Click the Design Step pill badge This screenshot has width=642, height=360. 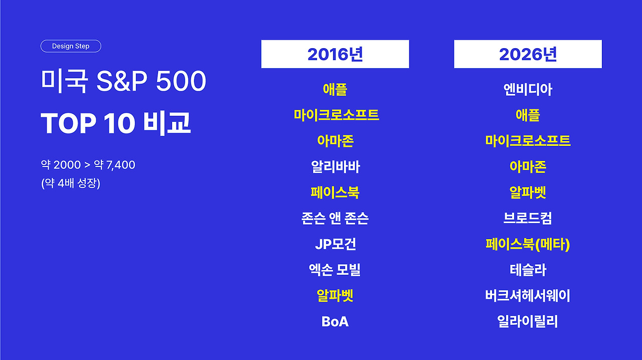71,46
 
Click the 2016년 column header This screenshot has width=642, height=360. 335,54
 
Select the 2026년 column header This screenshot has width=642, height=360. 528,54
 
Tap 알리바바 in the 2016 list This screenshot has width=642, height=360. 336,167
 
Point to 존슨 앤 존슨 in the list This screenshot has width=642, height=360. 335,219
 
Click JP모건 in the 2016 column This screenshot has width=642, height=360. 336,244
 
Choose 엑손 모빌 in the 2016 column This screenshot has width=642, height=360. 335,270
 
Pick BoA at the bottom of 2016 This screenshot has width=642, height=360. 335,321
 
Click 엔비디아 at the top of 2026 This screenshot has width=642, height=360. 528,89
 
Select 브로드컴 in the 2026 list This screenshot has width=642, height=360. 528,219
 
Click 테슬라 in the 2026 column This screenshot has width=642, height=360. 528,270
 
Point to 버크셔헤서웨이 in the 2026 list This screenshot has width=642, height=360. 528,296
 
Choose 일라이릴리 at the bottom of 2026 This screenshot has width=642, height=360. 528,321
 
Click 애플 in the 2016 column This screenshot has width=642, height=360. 335,89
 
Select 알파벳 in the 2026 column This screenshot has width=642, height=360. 528,193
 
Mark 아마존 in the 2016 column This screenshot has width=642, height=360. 336,141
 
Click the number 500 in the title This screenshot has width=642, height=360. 181,81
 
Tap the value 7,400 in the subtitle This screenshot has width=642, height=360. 121,165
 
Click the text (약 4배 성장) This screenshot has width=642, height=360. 71,183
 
